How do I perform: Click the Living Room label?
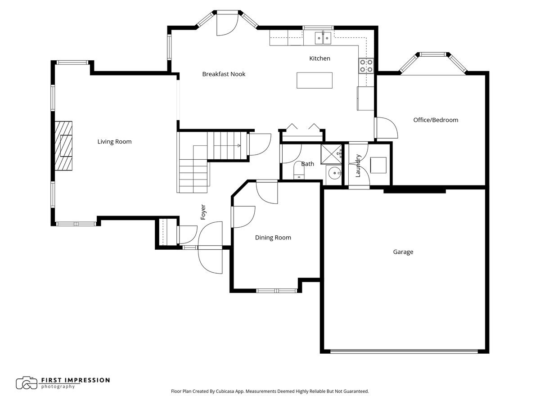pyautogui.click(x=114, y=142)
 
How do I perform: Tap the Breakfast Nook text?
pyautogui.click(x=224, y=74)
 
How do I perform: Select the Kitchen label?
pyautogui.click(x=319, y=58)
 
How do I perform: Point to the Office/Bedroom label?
pyautogui.click(x=436, y=120)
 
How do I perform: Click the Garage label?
pyautogui.click(x=403, y=252)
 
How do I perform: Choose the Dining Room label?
pyautogui.click(x=273, y=238)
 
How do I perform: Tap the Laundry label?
pyautogui.click(x=358, y=166)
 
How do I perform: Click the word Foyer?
pyautogui.click(x=203, y=212)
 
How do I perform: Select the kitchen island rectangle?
pyautogui.click(x=315, y=81)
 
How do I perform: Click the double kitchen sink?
pyautogui.click(x=323, y=38)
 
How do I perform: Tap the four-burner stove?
pyautogui.click(x=366, y=66)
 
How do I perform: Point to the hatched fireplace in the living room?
pyautogui.click(x=63, y=146)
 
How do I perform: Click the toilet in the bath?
pyautogui.click(x=299, y=170)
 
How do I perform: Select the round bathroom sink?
pyautogui.click(x=335, y=173)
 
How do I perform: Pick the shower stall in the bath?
pyautogui.click(x=331, y=154)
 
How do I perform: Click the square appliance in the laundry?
pyautogui.click(x=378, y=165)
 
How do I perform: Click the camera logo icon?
pyautogui.click(x=27, y=383)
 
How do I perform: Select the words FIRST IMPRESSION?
pyautogui.click(x=76, y=380)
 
